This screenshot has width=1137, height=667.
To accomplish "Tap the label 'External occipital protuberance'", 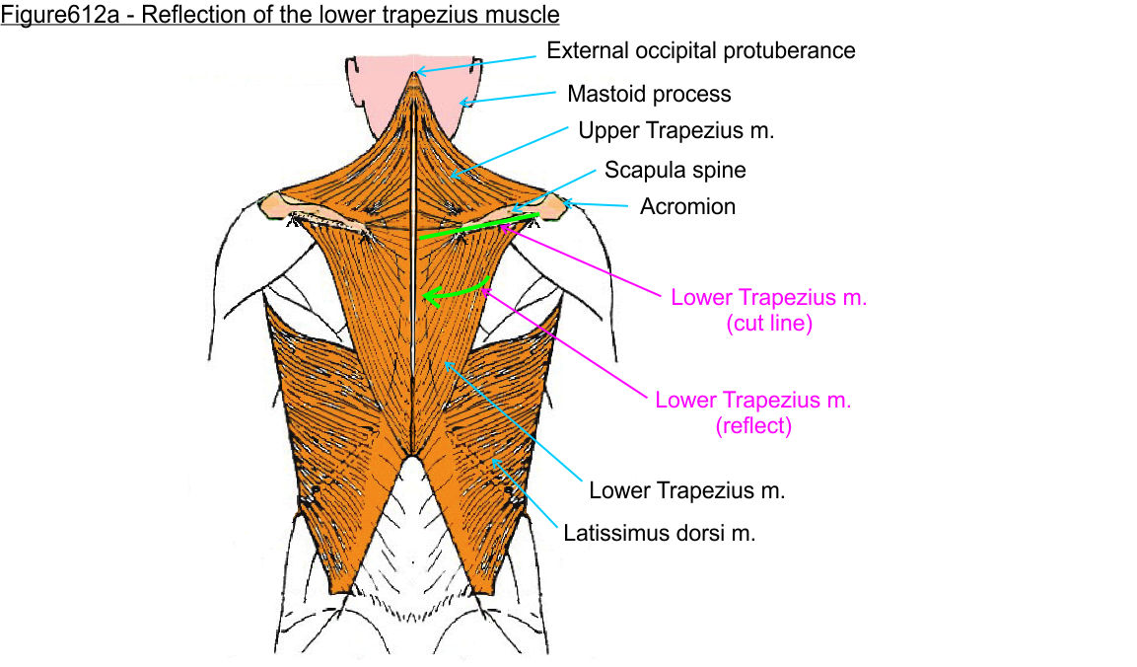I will point(701,49).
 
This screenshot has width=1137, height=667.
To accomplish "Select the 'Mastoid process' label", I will point(649,94).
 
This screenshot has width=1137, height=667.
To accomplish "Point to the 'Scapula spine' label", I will point(675,170).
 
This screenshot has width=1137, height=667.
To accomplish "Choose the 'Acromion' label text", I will point(687,206).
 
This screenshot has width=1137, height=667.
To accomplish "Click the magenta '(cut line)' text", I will point(768,324).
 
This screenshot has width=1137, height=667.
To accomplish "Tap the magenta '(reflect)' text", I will point(753,426).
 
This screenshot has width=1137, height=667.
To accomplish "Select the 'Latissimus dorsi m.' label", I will point(659,534).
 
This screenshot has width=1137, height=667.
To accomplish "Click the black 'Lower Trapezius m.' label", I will point(686,490).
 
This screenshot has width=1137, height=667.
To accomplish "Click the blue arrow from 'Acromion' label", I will point(598,204).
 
